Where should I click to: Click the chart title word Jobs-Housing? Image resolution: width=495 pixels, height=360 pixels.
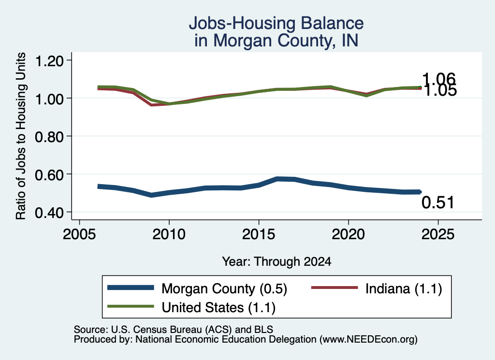pos(242,23)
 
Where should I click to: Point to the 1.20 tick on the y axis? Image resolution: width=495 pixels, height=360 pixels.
pos(49,61)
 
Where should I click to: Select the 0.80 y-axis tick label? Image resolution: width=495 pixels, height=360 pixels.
pos(49,137)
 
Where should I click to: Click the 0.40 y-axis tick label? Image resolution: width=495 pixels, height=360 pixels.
pos(49,213)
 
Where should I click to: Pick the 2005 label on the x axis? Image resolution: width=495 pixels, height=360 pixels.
pos(80,234)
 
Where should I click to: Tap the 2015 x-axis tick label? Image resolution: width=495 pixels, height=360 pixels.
pos(259,234)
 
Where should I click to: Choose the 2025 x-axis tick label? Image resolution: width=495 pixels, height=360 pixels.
pos(438,234)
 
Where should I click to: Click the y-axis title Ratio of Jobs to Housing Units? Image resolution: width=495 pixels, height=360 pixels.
pos(21,136)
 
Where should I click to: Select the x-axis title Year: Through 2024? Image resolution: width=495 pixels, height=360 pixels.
pos(277,261)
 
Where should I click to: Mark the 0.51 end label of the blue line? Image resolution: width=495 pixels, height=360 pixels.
pos(437,202)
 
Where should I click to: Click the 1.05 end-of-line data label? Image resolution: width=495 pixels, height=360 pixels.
pos(440,91)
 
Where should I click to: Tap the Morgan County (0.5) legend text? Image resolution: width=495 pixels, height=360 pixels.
pos(224,288)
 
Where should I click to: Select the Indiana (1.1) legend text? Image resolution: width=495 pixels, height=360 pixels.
pos(404,288)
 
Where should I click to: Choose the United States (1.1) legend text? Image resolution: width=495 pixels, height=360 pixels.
pos(218,307)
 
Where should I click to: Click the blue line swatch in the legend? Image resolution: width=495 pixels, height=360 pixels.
pos(131,288)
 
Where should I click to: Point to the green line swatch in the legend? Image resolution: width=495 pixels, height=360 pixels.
pos(131,306)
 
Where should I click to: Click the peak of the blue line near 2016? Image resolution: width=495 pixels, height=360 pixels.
pos(277,179)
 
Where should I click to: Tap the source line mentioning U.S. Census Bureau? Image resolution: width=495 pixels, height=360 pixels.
pos(174,330)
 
